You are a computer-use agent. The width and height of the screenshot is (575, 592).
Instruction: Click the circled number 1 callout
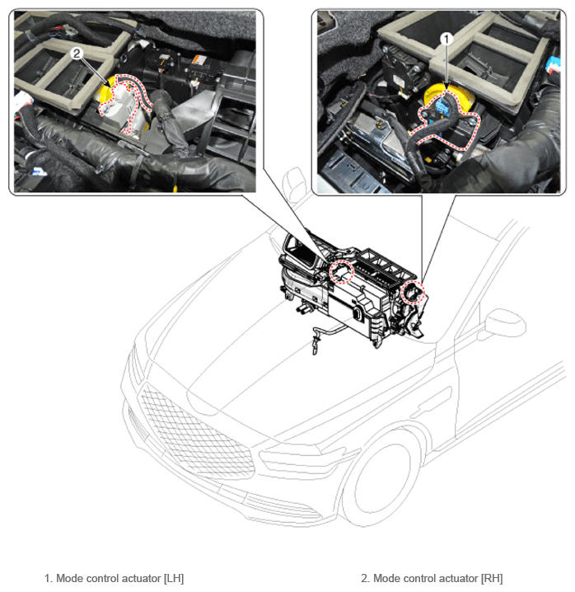pos(446,39)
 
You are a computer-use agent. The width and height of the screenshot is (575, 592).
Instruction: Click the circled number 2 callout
pos(77,54)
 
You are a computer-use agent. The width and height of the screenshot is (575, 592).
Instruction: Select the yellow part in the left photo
pos(105,91)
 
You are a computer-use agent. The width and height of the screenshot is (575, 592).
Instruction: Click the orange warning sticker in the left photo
pos(199,59)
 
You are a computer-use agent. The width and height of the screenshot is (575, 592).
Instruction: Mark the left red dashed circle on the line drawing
pos(341,272)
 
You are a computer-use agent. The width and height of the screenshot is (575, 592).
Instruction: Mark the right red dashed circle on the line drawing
pos(413,292)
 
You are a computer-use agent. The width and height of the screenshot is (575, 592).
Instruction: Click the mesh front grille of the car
pos(195,435)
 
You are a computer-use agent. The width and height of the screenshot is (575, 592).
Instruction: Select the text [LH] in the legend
pos(174,579)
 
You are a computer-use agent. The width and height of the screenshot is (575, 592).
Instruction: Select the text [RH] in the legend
pos(492,579)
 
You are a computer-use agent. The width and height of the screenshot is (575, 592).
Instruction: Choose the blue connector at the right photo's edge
pos(554,65)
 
